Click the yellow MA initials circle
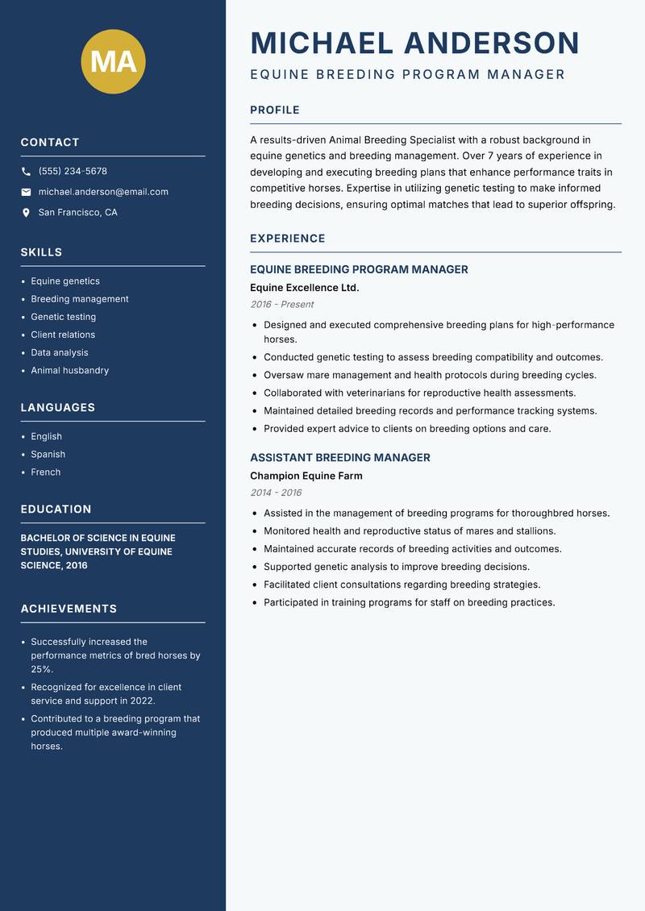(x=114, y=61)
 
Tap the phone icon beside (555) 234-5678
(x=26, y=172)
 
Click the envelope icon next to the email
(x=26, y=192)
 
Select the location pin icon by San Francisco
(x=26, y=213)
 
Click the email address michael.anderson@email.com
(x=103, y=192)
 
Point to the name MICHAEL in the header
(x=322, y=43)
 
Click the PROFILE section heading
(x=275, y=110)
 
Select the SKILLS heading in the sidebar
(x=41, y=252)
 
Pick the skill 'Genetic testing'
(x=63, y=317)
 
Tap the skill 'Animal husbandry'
(x=69, y=370)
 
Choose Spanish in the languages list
(x=48, y=454)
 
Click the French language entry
(x=45, y=472)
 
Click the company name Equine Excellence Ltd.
(x=305, y=288)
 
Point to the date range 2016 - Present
(x=281, y=305)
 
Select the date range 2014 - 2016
(x=276, y=493)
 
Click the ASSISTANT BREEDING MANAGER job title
(x=339, y=458)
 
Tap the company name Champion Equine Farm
(x=306, y=476)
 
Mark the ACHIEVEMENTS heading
(x=69, y=609)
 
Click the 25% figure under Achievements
(x=41, y=669)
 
